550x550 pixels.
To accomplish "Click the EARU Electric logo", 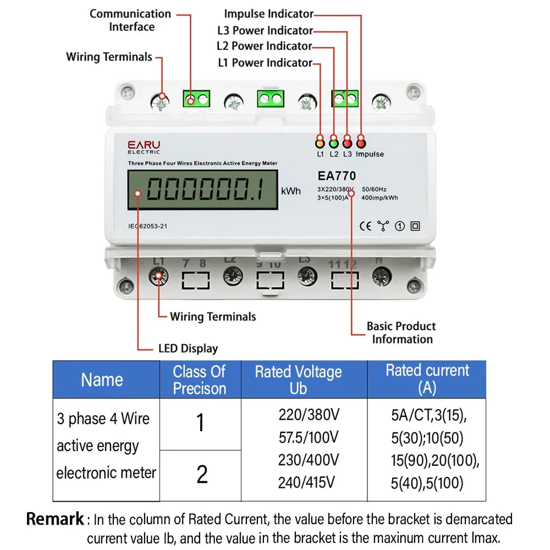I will (x=144, y=147).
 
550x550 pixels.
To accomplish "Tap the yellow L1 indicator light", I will (x=320, y=141).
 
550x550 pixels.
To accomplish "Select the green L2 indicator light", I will (x=333, y=141).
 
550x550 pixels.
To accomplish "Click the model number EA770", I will (x=337, y=176).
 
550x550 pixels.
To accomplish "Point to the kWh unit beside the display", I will (x=291, y=191).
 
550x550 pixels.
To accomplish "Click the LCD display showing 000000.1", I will (x=202, y=189).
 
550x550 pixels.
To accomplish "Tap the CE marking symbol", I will (x=365, y=226).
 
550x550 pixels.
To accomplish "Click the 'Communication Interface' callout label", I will (x=130, y=20).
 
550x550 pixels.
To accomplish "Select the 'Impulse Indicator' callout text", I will (x=268, y=14).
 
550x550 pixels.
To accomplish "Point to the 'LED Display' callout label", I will (x=188, y=348).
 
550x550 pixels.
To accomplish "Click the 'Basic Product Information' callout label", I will (x=402, y=333).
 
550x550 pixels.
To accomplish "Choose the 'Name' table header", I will (x=102, y=380).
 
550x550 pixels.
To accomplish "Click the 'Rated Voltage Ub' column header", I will (x=298, y=380).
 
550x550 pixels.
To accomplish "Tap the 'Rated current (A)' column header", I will (x=427, y=379).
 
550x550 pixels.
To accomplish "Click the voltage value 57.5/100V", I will (x=308, y=438).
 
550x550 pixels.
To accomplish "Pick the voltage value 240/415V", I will (x=306, y=482).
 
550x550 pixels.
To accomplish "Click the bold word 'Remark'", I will (x=56, y=519).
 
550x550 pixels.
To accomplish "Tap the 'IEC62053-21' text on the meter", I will (x=147, y=226).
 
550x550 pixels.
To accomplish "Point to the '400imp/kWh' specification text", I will (x=380, y=198).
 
